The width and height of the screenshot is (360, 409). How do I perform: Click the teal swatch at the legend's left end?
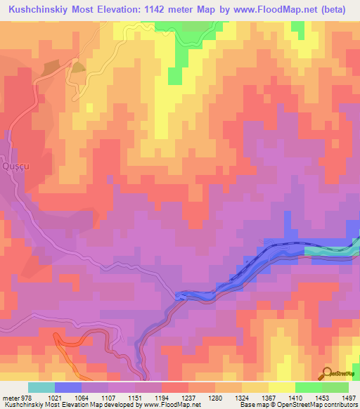[41, 387]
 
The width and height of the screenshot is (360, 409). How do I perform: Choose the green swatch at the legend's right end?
[335, 387]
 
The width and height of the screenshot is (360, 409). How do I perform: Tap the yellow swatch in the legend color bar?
[282, 387]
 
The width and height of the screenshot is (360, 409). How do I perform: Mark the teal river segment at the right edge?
[330, 249]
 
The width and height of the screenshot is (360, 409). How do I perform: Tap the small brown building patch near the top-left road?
[78, 67]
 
